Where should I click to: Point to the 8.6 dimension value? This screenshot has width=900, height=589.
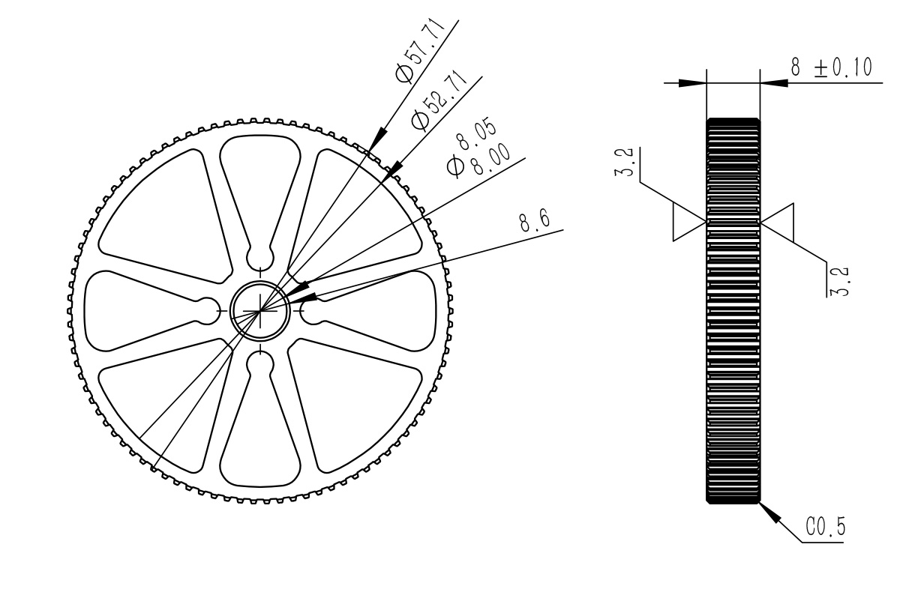(x=533, y=221)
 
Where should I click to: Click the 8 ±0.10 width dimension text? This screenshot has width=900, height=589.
(x=831, y=68)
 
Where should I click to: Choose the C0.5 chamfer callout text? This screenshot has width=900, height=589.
(x=825, y=528)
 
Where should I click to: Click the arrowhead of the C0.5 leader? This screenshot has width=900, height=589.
(x=768, y=511)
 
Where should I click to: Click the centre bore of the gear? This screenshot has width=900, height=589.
(x=259, y=309)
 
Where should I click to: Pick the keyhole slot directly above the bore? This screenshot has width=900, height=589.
(x=260, y=254)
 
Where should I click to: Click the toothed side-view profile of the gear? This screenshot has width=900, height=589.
(x=733, y=310)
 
